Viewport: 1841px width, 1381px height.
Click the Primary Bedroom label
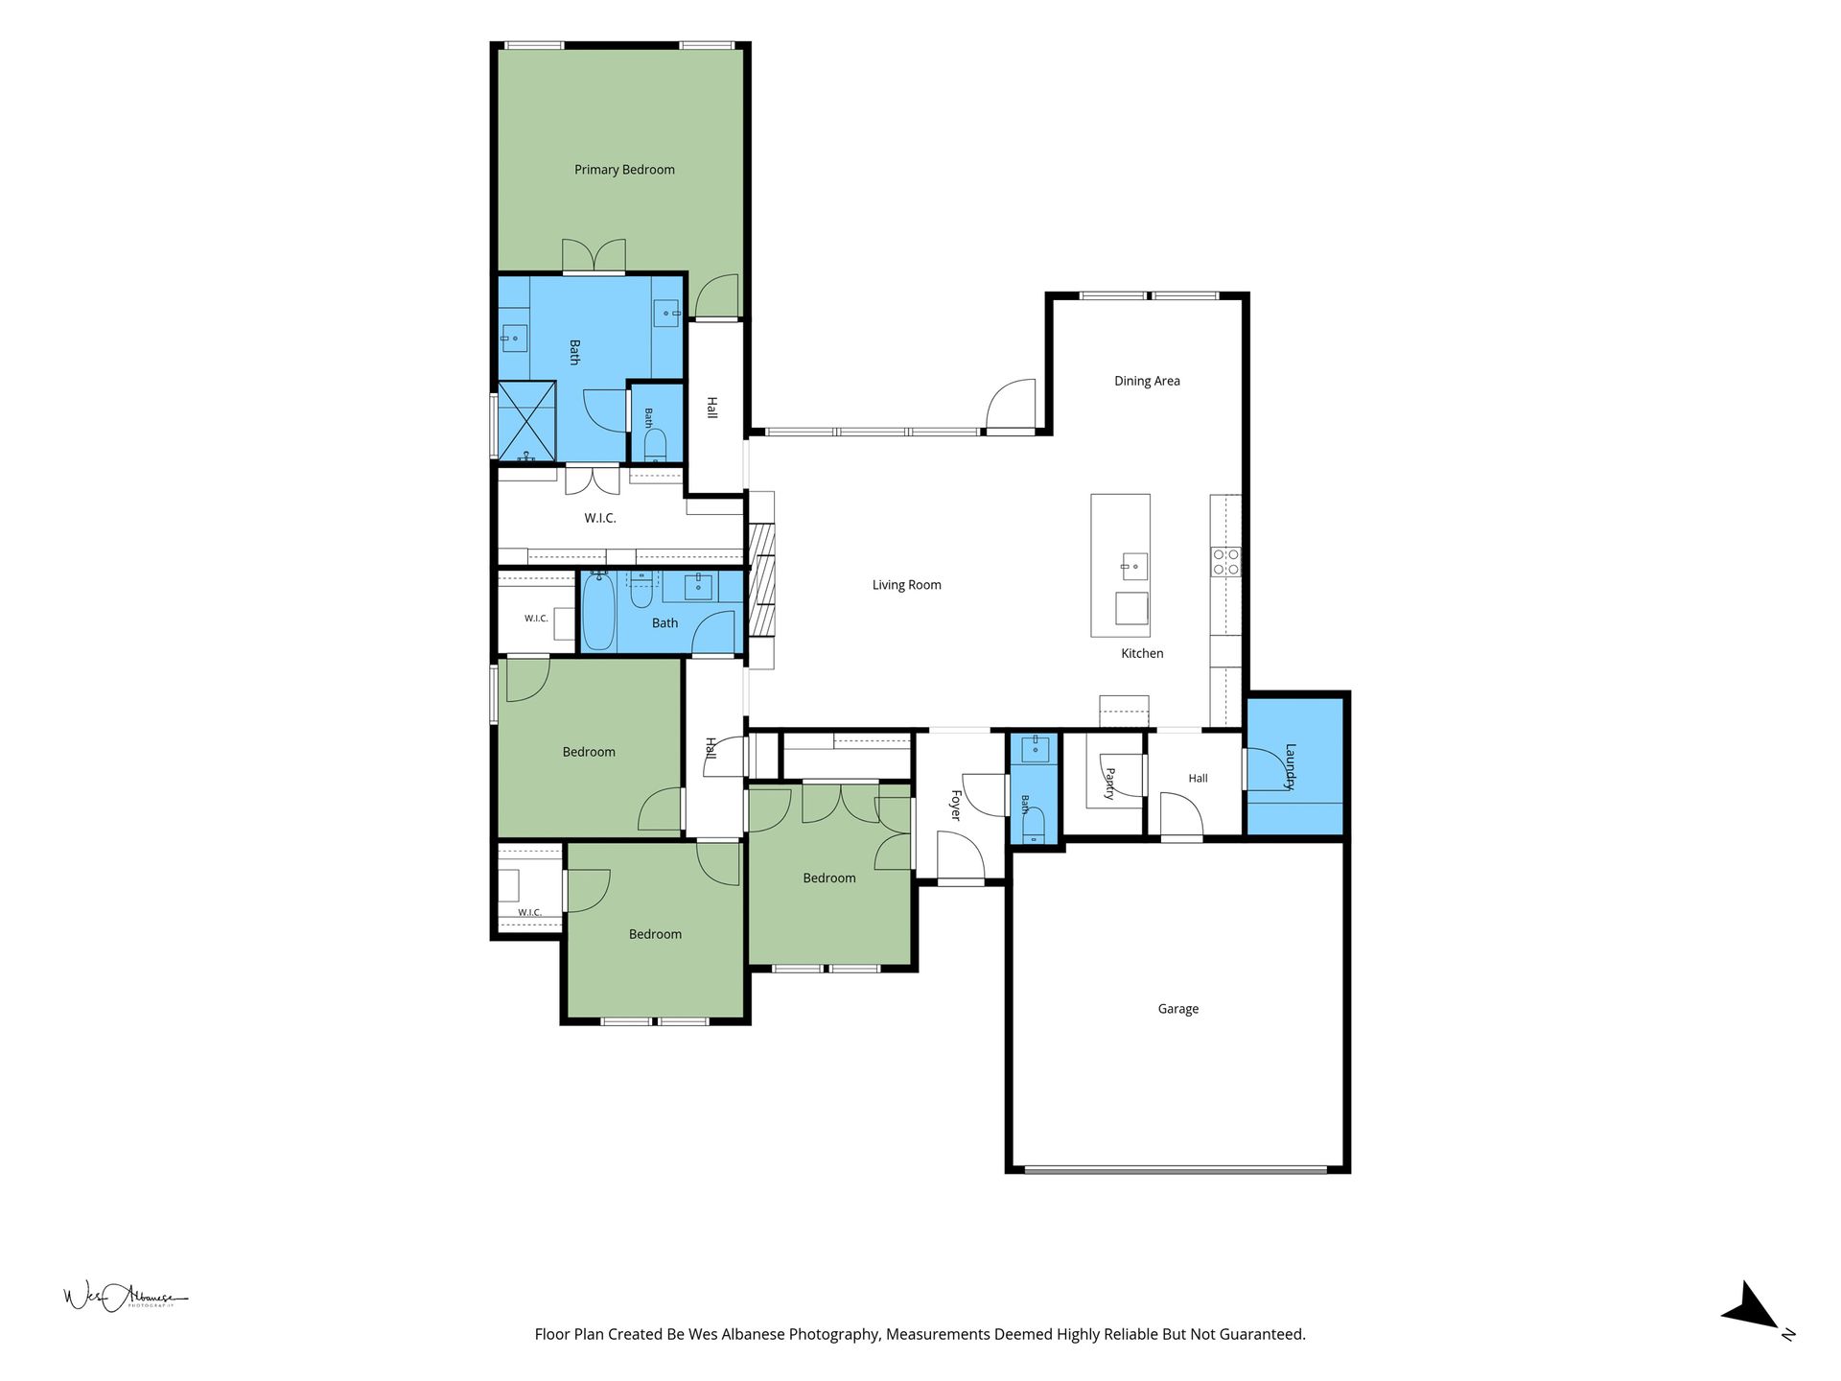[x=624, y=170]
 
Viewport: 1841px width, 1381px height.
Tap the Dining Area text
[x=1147, y=381]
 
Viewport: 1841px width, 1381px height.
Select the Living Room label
[x=906, y=585]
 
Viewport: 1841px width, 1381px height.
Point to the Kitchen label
[x=1142, y=653]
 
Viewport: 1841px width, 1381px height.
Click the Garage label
[x=1177, y=1009]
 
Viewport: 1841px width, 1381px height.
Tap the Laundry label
[x=1290, y=766]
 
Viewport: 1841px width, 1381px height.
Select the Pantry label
[x=1109, y=784]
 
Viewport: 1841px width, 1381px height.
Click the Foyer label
[x=955, y=805]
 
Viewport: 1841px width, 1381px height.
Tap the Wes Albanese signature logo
[x=125, y=1298]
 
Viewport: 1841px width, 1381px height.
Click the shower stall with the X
[x=525, y=421]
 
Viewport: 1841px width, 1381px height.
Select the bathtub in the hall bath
[x=598, y=611]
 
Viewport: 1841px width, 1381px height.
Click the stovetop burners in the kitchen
[x=1225, y=561]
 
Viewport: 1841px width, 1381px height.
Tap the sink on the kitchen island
[x=1134, y=566]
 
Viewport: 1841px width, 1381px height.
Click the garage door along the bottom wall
[x=1176, y=1169]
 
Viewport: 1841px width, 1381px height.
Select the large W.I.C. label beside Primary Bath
[x=600, y=518]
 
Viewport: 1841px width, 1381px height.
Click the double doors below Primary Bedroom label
[x=594, y=256]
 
